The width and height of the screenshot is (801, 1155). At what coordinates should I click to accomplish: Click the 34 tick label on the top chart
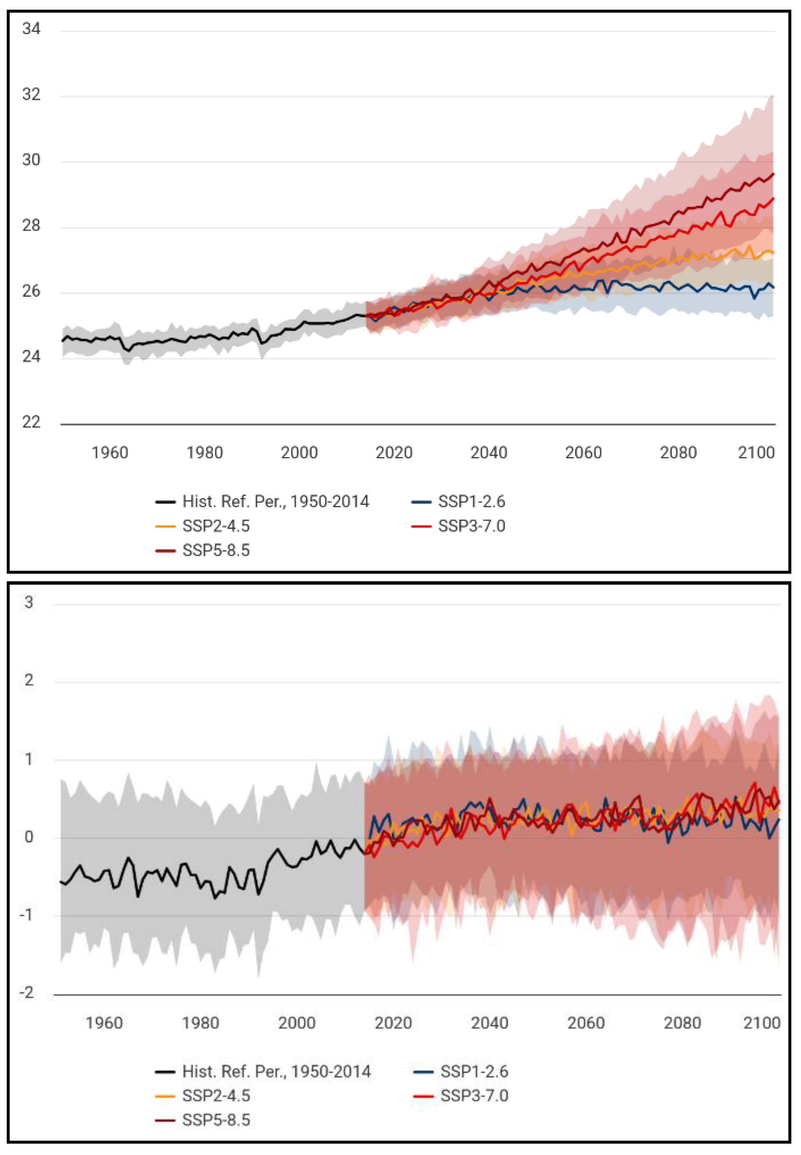31,29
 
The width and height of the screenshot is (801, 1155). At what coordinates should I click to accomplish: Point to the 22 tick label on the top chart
31,422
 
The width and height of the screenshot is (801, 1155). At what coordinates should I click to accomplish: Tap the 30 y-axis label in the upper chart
31,160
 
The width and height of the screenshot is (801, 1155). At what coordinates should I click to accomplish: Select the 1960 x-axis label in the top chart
110,453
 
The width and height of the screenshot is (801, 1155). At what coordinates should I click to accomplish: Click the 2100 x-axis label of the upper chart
756,453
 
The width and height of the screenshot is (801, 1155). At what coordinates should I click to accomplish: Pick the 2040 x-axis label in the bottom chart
489,1023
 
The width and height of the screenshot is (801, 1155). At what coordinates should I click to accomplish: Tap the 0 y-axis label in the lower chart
29,837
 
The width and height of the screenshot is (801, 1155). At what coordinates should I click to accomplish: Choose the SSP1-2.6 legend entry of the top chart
471,501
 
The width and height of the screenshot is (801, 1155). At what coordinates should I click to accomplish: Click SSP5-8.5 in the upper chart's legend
216,551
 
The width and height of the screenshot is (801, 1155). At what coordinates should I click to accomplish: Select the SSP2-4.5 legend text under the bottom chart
216,1095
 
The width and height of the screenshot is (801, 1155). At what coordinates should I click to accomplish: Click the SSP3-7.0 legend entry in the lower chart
474,1095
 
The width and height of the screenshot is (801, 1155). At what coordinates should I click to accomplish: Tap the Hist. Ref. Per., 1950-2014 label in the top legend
276,501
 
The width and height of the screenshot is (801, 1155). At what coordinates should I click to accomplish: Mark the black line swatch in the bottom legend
165,1072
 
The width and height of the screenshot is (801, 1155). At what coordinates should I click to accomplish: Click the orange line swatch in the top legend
165,526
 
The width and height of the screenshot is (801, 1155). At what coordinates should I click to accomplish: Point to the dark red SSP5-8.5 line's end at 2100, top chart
773,174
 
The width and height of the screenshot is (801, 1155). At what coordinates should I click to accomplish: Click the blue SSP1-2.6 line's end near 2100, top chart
773,287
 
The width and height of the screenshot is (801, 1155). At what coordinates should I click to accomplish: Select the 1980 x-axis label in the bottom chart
200,1023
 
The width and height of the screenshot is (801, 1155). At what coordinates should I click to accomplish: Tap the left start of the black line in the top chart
63,341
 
